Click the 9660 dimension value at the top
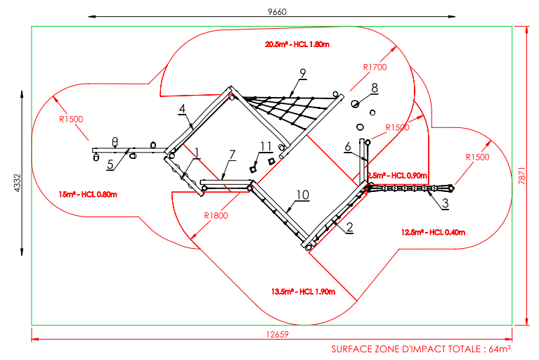(x=278, y=11)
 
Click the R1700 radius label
(x=374, y=67)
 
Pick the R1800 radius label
(x=216, y=215)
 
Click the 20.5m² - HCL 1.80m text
(x=297, y=44)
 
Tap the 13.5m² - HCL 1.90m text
(x=303, y=291)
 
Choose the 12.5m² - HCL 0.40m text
(x=433, y=232)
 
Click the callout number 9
(x=303, y=72)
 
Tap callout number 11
(x=265, y=146)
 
